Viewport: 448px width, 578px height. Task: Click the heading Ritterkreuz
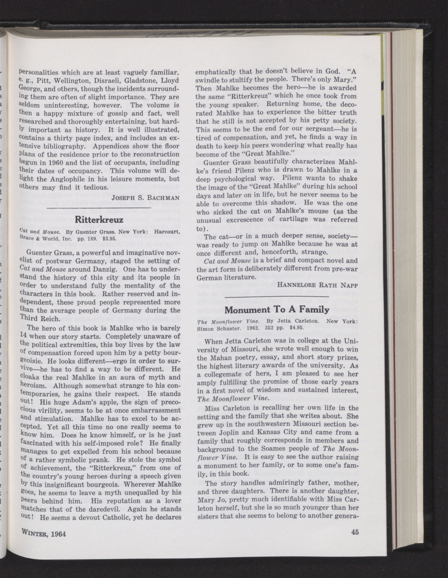tap(99, 220)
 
